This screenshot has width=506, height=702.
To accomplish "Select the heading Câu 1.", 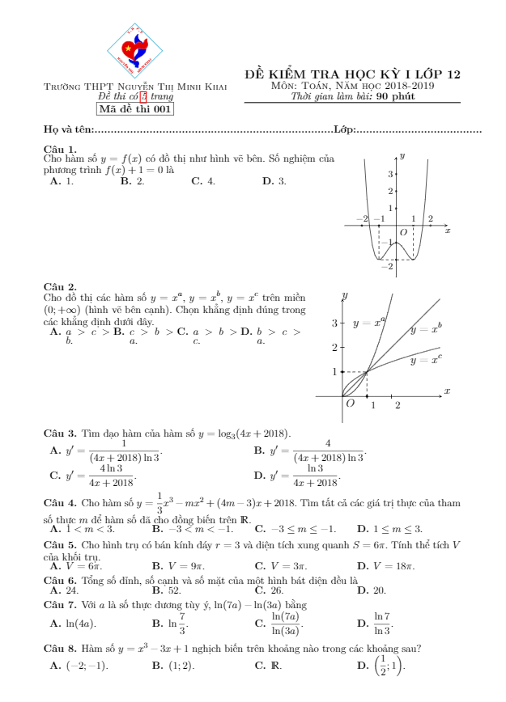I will point(60,149).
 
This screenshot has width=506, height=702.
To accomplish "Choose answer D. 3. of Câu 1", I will point(274,182).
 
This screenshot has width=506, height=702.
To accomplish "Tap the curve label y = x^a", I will point(369,323).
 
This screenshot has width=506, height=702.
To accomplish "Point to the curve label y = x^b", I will point(426,328).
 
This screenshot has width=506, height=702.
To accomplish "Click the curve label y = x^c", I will point(426,359).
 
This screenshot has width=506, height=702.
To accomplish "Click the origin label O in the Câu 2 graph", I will point(351,403).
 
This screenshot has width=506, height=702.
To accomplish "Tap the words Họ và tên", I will point(70,129).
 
